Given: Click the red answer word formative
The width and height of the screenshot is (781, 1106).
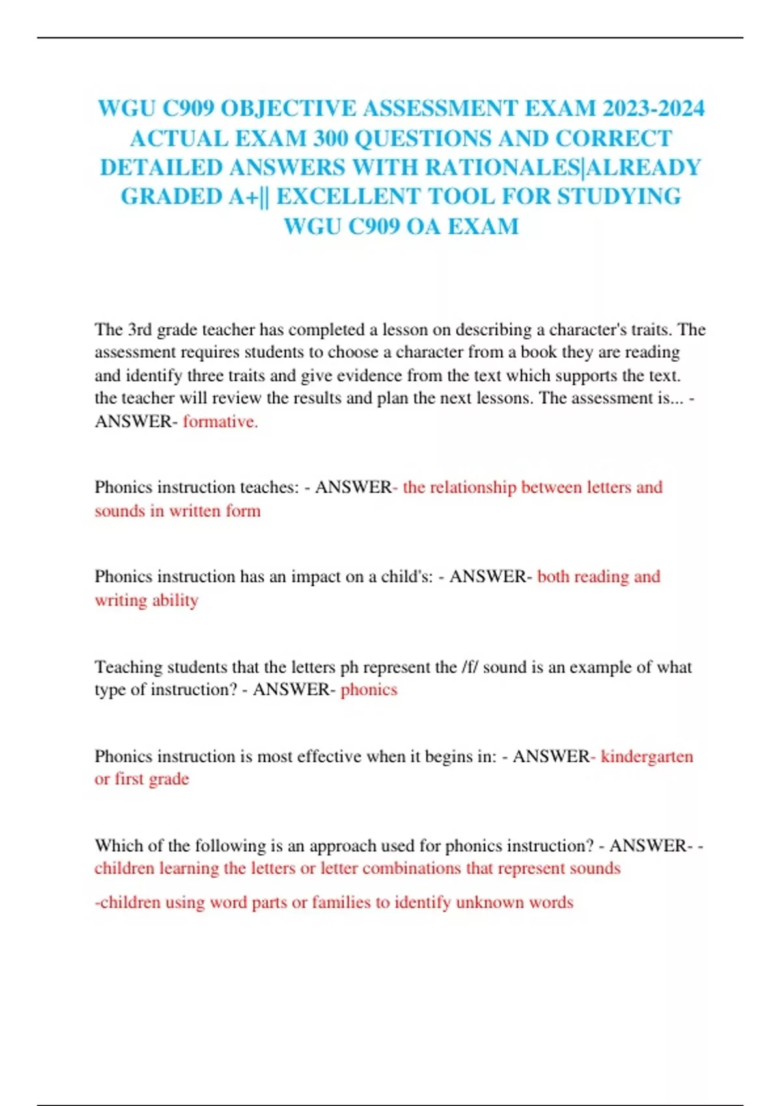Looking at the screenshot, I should pos(220,422).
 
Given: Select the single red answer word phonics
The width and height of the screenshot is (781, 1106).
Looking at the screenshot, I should pos(368,690).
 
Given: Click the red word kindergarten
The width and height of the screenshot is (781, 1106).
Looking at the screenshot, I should pos(647,757).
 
